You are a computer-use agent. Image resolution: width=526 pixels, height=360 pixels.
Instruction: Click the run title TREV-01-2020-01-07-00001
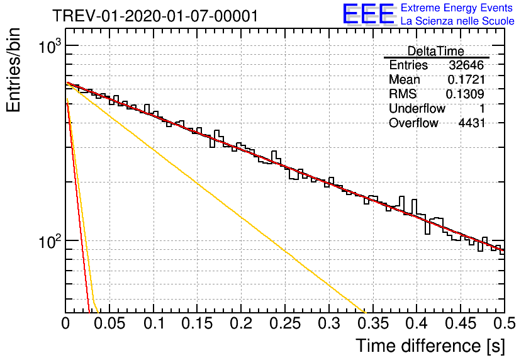tap(155, 16)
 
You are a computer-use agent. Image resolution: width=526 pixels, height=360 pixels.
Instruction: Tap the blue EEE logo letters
tap(368, 14)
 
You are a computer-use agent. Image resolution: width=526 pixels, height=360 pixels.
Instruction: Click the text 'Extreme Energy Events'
tap(457, 8)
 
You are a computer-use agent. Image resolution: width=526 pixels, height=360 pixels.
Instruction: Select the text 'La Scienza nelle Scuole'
tap(457, 21)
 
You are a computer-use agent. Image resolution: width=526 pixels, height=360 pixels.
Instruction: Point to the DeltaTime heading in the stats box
tap(435, 51)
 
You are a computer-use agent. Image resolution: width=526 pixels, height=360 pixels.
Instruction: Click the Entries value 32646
tap(466, 65)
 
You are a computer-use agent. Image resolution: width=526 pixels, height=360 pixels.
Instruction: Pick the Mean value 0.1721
tap(466, 80)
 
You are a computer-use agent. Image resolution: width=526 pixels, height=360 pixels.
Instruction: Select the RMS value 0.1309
tap(465, 94)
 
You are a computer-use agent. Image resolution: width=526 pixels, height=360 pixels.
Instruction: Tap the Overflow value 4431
tap(472, 123)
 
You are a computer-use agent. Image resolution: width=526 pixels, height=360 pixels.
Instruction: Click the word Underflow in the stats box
tap(417, 109)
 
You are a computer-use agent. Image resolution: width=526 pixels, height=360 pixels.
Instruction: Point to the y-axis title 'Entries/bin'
tap(14, 70)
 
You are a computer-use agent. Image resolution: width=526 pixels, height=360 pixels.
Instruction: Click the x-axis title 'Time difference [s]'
tap(430, 346)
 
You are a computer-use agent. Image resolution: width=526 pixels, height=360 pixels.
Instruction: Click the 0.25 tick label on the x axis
tap(285, 323)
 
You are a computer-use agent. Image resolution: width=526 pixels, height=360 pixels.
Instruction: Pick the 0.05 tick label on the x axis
tap(109, 323)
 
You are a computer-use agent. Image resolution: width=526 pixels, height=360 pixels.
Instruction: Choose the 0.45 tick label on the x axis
tap(461, 323)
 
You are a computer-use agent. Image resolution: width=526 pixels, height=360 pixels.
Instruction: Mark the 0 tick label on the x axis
tap(65, 323)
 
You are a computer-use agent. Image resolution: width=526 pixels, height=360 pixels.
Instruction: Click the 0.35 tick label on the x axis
tap(372, 323)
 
